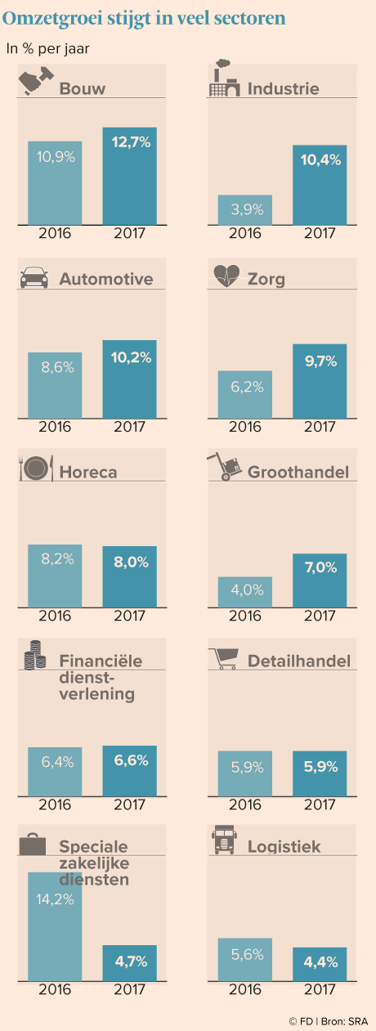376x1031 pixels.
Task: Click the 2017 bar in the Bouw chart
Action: click(129, 177)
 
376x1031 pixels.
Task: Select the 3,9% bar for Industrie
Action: click(245, 210)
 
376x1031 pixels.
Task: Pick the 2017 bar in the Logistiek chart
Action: click(320, 964)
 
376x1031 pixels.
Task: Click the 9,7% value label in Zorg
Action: click(320, 361)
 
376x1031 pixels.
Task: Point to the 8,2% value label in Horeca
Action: click(57, 558)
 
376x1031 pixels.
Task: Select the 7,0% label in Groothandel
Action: click(320, 567)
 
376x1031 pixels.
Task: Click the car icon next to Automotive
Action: click(34, 277)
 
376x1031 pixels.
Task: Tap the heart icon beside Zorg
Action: click(226, 276)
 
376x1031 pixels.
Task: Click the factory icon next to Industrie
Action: click(224, 78)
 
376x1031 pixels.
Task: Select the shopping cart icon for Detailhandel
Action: click(224, 658)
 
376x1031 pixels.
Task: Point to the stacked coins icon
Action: click(34, 655)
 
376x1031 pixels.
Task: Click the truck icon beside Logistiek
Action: click(224, 840)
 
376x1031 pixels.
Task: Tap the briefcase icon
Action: click(32, 844)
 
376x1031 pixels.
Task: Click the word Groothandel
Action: click(298, 473)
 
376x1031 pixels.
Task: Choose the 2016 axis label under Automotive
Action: click(55, 427)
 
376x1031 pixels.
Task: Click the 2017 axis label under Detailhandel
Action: click(320, 805)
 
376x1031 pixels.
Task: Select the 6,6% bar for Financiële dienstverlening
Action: click(129, 771)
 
